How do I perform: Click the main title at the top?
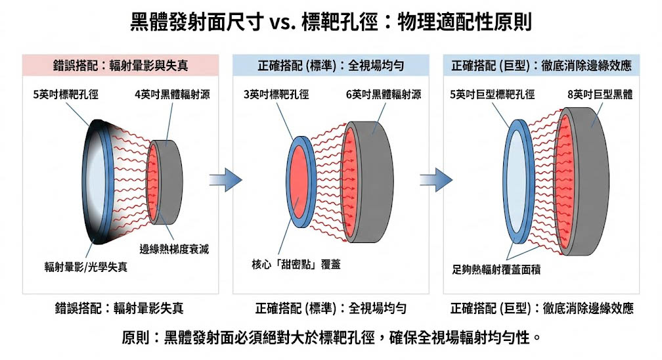click(331, 23)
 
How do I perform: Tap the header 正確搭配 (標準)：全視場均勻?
click(330, 66)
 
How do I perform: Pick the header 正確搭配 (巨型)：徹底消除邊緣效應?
click(542, 66)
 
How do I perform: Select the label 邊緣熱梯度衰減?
click(174, 250)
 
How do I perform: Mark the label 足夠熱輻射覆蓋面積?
click(496, 269)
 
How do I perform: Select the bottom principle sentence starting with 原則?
click(331, 339)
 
